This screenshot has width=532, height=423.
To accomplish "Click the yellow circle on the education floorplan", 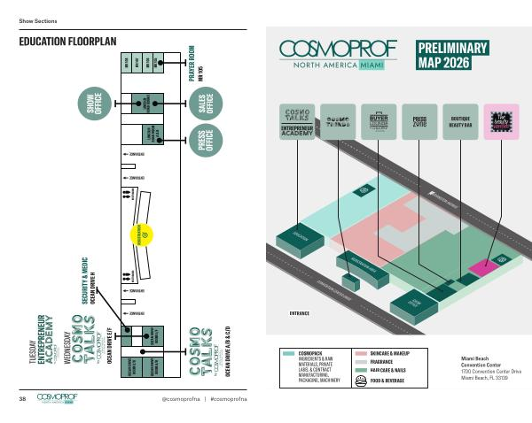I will [143, 235].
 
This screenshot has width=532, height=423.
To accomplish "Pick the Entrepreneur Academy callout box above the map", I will [298, 120].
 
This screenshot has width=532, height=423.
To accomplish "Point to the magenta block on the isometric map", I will [483, 265].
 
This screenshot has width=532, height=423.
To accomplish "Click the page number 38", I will [22, 400].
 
